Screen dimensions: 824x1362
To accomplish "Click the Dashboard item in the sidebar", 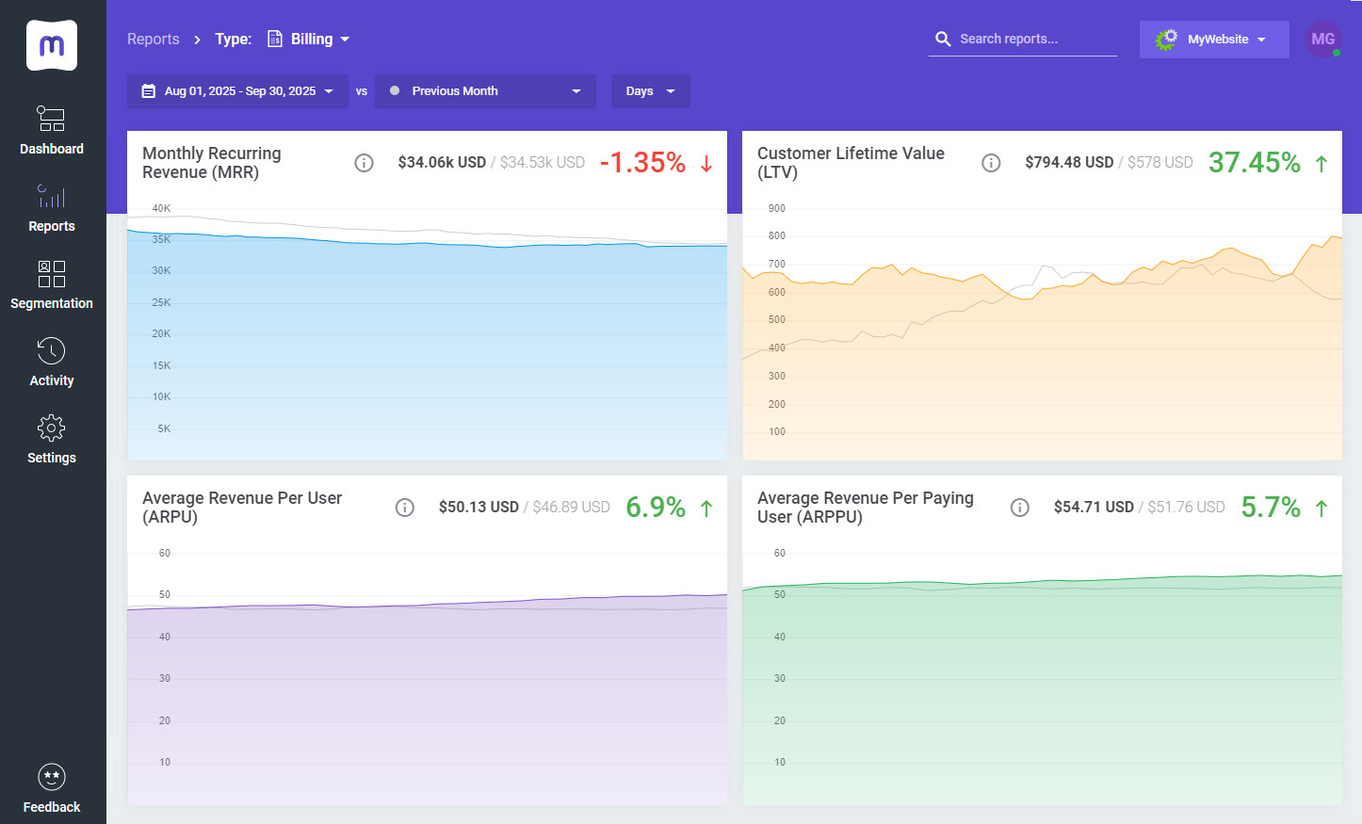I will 52,130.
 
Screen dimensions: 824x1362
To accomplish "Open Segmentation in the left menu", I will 52,284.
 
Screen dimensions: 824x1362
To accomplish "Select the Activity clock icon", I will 52,351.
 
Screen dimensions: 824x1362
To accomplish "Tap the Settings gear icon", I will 52,428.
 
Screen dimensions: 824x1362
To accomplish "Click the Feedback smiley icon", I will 52,777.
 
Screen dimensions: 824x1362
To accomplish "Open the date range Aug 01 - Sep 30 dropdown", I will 237,91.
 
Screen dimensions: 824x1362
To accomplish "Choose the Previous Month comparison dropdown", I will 485,91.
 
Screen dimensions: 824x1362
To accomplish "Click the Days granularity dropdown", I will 650,91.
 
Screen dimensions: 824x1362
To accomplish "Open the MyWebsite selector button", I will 1213,40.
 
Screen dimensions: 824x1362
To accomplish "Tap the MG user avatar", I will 1322,40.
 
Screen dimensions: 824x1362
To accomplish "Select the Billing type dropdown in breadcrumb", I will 310,40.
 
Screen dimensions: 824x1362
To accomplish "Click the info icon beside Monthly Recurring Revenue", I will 364,163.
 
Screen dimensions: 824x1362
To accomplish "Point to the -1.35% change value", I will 642,163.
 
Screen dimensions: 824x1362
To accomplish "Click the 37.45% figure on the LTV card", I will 1254,163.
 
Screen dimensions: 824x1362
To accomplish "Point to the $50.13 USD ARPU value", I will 478,508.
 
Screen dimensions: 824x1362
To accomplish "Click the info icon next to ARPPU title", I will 1019,508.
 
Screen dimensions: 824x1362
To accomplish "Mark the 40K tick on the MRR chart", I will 161,208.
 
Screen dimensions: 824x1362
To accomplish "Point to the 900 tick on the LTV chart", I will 776,208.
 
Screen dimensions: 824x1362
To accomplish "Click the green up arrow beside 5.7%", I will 1321,509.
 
